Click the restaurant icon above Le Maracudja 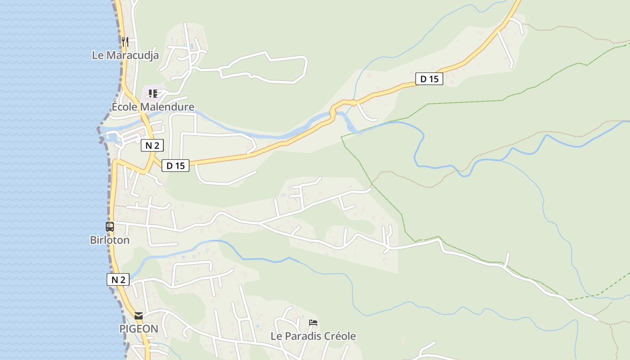(125, 42)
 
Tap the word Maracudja (132, 55)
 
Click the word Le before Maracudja (98, 55)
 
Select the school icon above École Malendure (153, 94)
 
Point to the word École (125, 107)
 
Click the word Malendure (167, 107)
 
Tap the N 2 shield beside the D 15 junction (152, 145)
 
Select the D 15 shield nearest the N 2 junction (175, 166)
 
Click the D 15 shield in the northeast (429, 79)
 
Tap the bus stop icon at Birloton (110, 227)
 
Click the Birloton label (110, 240)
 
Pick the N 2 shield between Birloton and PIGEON (118, 279)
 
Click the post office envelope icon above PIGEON (139, 316)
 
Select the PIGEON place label (139, 329)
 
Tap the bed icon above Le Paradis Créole (313, 323)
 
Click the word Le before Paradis (276, 336)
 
